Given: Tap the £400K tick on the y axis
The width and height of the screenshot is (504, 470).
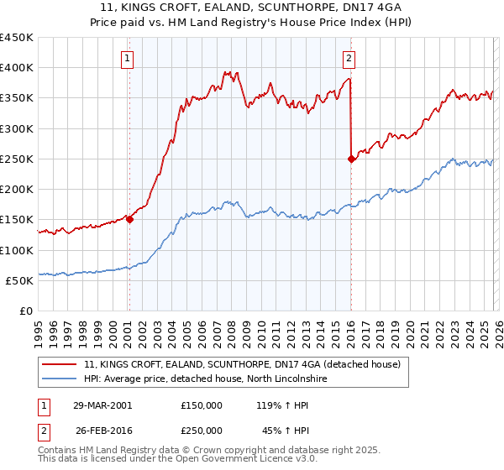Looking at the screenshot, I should click(17, 68).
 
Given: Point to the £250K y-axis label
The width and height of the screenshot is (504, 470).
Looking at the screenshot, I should click(17, 159).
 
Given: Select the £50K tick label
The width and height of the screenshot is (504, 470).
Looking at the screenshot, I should click(19, 280).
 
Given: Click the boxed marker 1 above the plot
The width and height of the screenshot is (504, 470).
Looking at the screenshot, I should click(127, 59).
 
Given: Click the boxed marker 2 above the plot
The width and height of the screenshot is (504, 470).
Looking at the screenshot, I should click(348, 59).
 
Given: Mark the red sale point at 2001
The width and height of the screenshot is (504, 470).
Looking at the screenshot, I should click(129, 219).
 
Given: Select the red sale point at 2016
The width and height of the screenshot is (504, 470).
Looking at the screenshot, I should click(350, 159).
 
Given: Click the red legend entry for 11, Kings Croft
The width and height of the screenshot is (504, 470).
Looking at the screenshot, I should click(243, 364).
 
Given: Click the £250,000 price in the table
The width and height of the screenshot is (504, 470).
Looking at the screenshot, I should click(202, 430).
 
